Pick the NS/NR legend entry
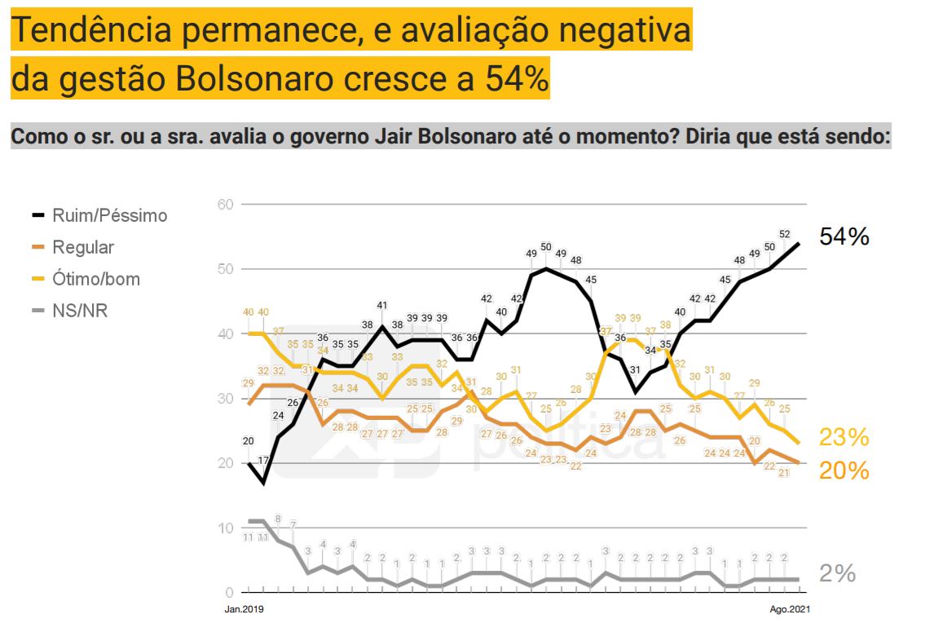80,311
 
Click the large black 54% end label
844,237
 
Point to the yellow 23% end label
844,438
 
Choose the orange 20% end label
844,471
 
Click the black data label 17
263,461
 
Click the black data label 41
381,306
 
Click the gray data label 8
278,519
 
